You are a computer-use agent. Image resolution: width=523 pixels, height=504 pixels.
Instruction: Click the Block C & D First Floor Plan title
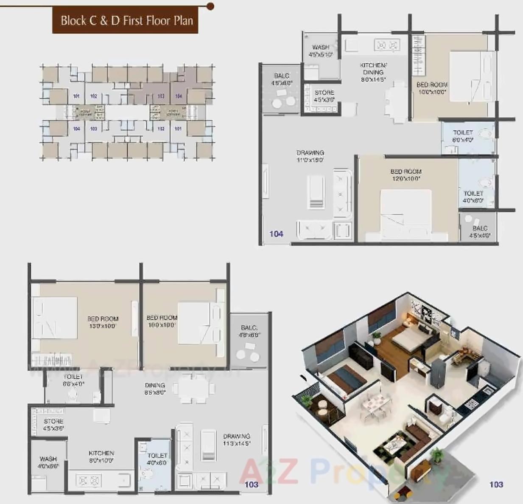(126, 20)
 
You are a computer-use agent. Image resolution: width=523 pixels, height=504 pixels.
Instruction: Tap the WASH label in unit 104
(321, 51)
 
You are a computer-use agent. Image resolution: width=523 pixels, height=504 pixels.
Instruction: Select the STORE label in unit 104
(324, 96)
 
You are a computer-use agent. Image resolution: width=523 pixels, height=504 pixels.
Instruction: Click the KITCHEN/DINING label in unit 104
(373, 72)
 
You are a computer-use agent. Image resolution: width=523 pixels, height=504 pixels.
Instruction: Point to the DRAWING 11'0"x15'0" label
(310, 156)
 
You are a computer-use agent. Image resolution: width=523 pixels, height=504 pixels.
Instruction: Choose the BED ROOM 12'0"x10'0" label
(406, 175)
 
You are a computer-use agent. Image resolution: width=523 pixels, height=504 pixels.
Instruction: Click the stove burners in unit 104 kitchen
(387, 45)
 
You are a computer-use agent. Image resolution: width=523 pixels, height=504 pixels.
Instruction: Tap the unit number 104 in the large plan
(276, 234)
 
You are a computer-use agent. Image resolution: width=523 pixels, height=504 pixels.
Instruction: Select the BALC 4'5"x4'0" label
(480, 231)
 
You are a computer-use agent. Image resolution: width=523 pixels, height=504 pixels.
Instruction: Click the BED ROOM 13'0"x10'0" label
(103, 322)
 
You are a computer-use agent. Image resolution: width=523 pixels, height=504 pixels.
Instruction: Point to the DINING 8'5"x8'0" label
(155, 389)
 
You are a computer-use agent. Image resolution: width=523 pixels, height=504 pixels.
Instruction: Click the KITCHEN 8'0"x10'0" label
(101, 456)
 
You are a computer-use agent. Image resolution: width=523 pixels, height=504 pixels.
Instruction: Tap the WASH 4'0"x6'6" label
(48, 462)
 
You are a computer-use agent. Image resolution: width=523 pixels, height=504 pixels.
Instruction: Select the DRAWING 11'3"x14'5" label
(237, 439)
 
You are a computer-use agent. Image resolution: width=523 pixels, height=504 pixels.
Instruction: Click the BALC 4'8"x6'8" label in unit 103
(249, 331)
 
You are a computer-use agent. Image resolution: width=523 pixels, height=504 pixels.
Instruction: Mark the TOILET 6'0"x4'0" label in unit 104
(463, 136)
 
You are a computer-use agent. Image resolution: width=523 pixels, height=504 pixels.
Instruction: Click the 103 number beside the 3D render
(496, 484)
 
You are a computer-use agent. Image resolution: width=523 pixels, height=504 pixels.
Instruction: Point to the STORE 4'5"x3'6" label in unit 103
(53, 425)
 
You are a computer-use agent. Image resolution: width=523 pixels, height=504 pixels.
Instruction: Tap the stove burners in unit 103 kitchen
(89, 481)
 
